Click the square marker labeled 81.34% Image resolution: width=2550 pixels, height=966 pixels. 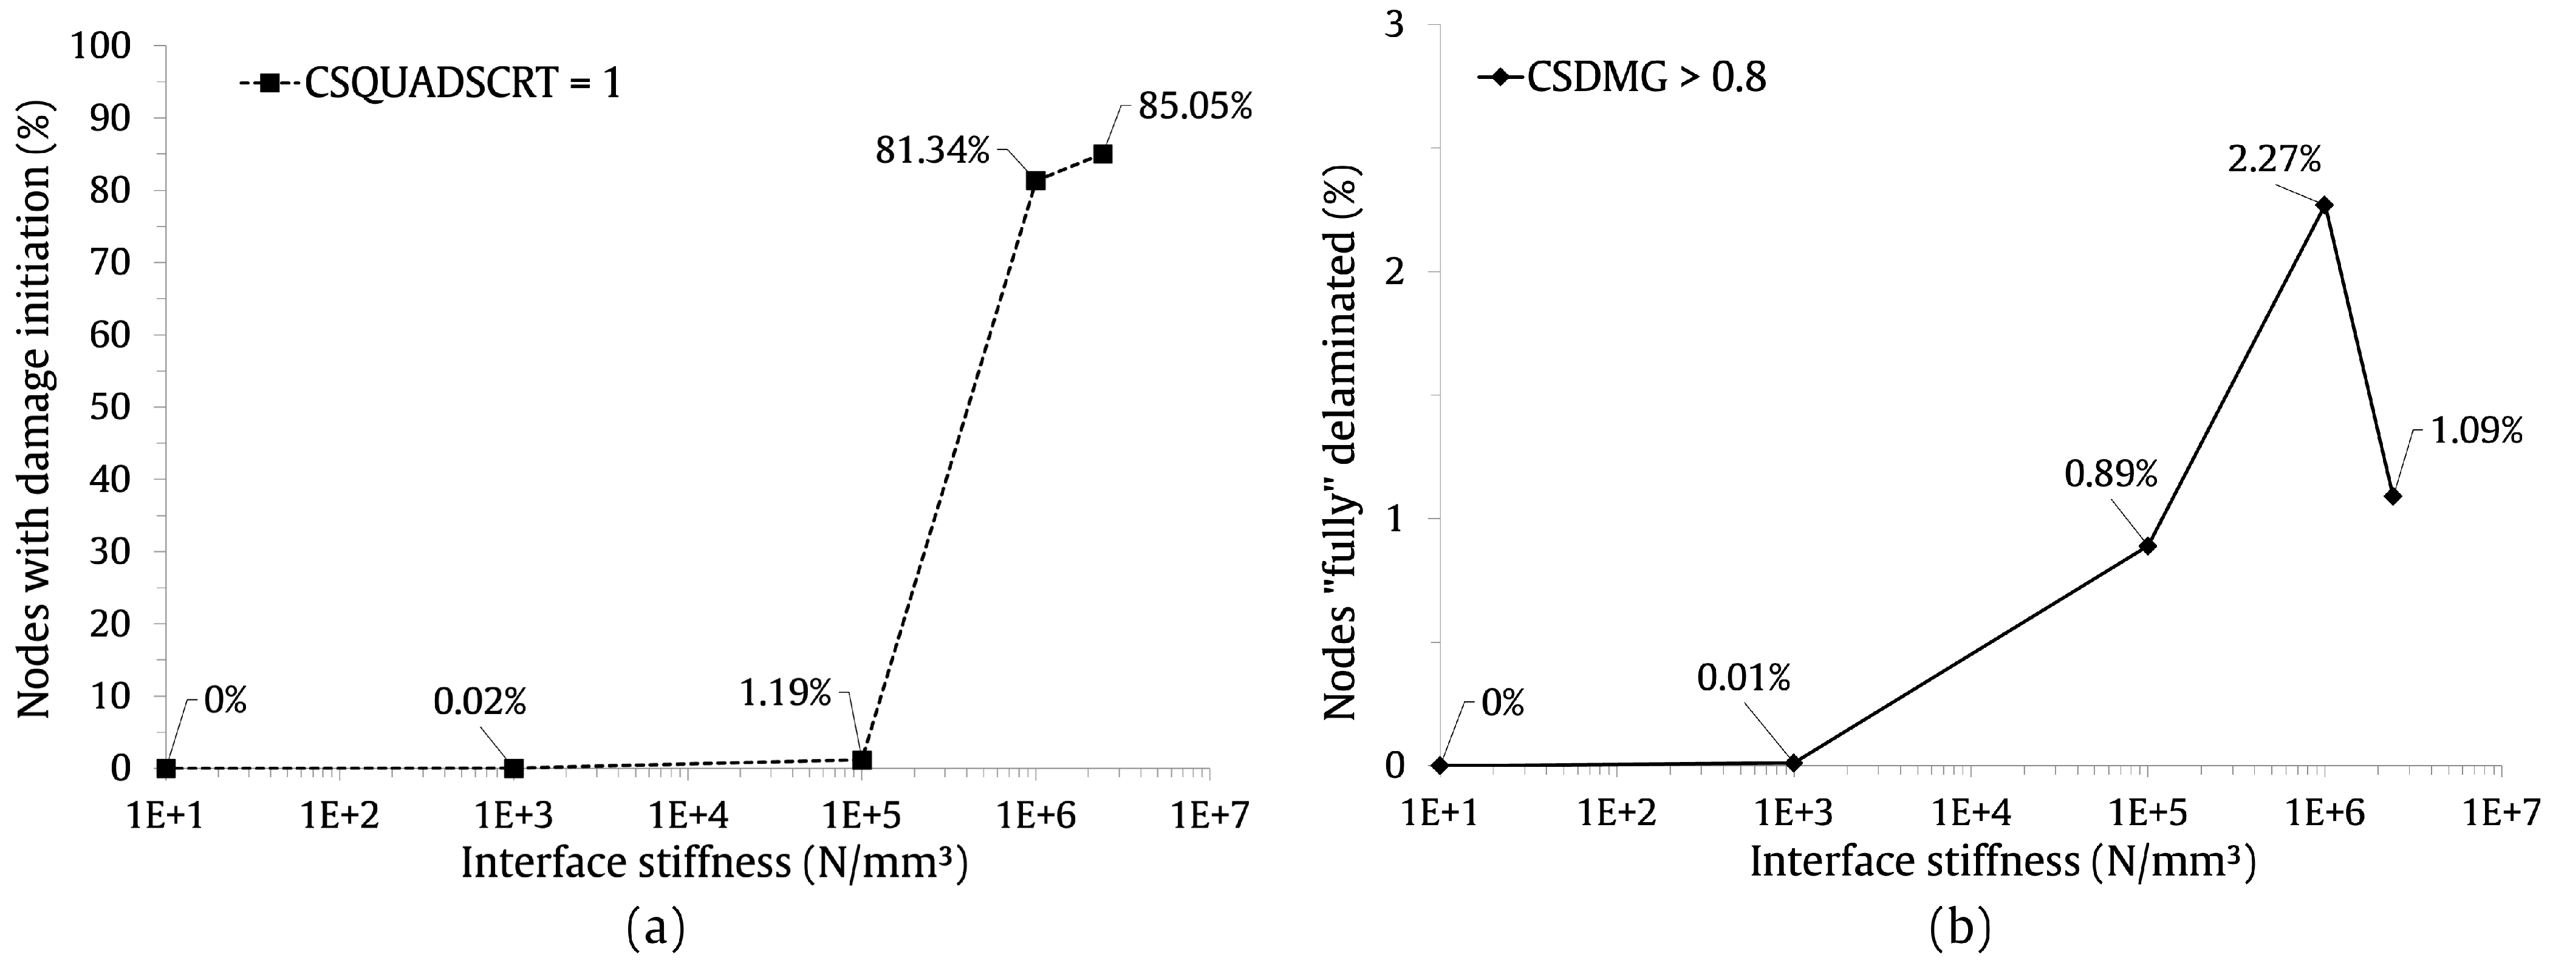point(1036,180)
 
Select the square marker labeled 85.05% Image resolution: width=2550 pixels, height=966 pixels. point(1102,154)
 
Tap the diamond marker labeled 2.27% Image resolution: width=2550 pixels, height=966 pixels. point(2324,205)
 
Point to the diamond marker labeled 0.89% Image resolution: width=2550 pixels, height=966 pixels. point(2147,545)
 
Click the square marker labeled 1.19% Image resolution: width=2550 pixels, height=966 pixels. point(861,759)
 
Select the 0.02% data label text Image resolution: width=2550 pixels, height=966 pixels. point(479,702)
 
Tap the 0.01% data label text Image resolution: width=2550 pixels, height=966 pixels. point(1743,678)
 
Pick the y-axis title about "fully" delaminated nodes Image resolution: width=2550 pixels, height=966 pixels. point(1341,443)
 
